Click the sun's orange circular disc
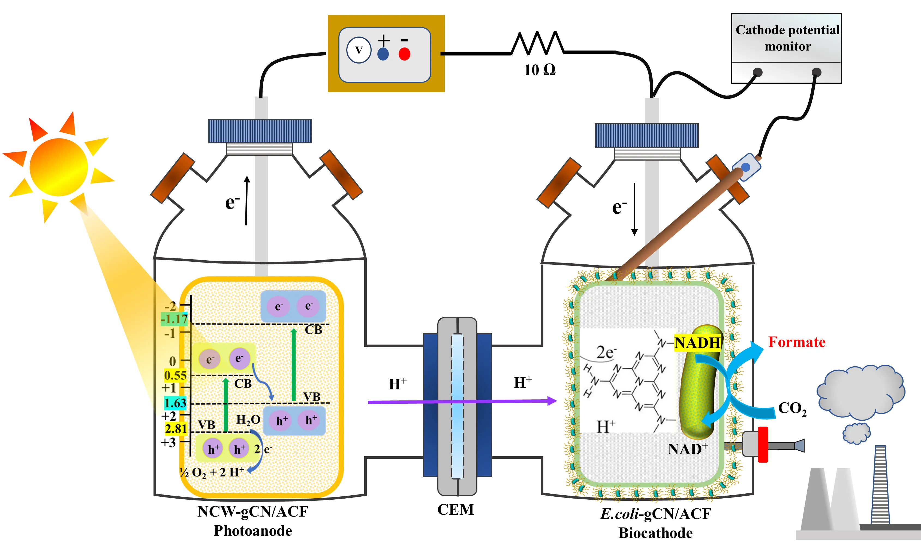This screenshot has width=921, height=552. (58, 167)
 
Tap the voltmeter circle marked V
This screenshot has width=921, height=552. (359, 50)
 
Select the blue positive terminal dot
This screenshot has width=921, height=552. (383, 54)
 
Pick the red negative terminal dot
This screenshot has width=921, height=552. (404, 54)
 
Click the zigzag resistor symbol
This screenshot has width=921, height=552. (537, 43)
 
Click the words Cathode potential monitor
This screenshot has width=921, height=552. (787, 38)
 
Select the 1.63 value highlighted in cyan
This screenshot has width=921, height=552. (175, 403)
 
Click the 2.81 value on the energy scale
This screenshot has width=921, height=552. (176, 429)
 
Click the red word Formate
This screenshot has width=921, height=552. (797, 342)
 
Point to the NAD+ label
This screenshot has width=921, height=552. (687, 449)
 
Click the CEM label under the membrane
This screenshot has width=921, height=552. (456, 509)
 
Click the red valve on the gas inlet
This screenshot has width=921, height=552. (763, 445)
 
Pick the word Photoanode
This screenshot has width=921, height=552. (253, 531)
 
